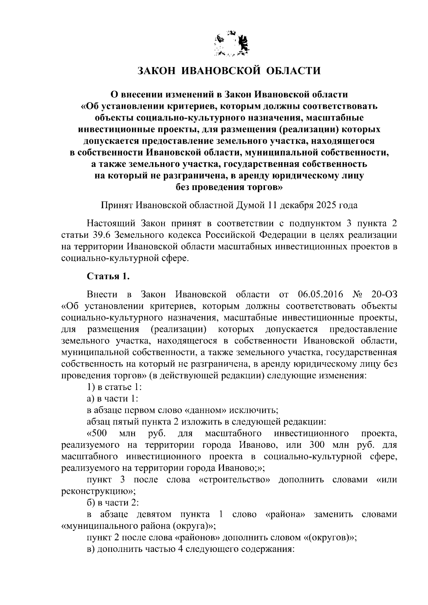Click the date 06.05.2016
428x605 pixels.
point(319,294)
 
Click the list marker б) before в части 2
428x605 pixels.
point(91,503)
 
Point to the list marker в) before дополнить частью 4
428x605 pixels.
point(91,549)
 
